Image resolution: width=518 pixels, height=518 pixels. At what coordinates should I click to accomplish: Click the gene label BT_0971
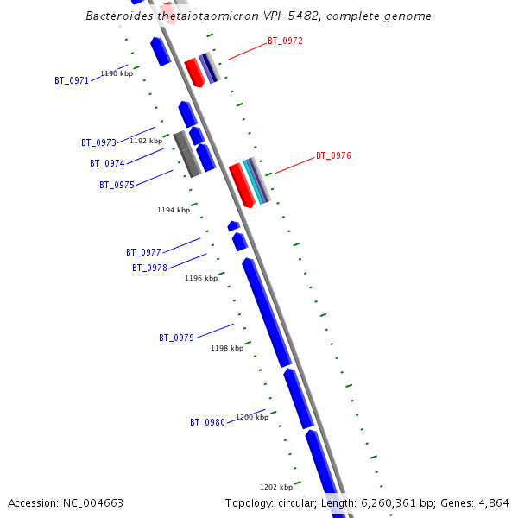click(72, 80)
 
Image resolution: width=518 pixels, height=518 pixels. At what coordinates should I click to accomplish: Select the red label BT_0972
click(285, 41)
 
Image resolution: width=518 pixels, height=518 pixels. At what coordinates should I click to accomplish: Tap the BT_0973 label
click(98, 142)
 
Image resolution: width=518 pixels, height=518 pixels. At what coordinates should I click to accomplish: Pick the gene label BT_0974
click(107, 163)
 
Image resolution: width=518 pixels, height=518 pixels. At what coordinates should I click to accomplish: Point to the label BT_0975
click(117, 185)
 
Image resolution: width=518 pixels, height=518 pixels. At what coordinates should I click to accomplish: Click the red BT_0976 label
click(333, 155)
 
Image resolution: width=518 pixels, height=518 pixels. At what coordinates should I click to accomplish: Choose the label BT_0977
click(143, 252)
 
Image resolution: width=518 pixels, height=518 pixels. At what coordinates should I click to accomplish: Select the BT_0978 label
click(149, 268)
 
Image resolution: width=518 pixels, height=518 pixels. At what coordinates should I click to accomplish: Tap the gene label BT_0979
click(176, 338)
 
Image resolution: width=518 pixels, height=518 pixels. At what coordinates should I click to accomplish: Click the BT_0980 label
click(207, 422)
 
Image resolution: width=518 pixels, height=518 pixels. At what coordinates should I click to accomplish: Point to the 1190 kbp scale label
click(117, 73)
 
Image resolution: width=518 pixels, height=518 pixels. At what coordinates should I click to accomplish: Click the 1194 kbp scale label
click(173, 210)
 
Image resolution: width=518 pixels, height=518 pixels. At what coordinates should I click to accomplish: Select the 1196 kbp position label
click(201, 278)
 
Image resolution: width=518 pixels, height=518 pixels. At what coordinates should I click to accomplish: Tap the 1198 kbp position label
click(227, 348)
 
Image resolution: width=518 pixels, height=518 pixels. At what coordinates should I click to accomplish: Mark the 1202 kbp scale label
click(276, 486)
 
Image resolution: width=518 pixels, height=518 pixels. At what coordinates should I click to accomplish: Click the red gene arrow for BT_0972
click(194, 72)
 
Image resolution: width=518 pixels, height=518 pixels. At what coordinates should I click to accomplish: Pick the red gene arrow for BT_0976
click(242, 185)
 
